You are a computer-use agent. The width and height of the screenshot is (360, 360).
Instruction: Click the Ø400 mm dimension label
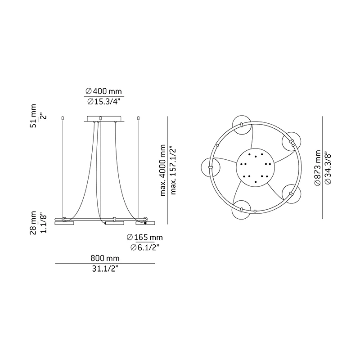point(103,91)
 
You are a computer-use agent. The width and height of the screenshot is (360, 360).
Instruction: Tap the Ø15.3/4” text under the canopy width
point(104,102)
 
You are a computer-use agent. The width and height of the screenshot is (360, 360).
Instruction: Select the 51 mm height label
point(33,116)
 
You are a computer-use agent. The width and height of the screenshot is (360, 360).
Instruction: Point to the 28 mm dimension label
point(33,223)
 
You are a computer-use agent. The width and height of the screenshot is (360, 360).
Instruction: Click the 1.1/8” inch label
point(43,224)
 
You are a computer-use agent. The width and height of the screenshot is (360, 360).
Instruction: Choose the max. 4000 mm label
point(163,170)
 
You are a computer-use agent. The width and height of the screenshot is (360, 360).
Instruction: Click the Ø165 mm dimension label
point(145,237)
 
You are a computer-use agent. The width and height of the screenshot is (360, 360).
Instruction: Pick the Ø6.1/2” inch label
point(145,247)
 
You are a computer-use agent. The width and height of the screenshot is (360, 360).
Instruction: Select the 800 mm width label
point(105,258)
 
